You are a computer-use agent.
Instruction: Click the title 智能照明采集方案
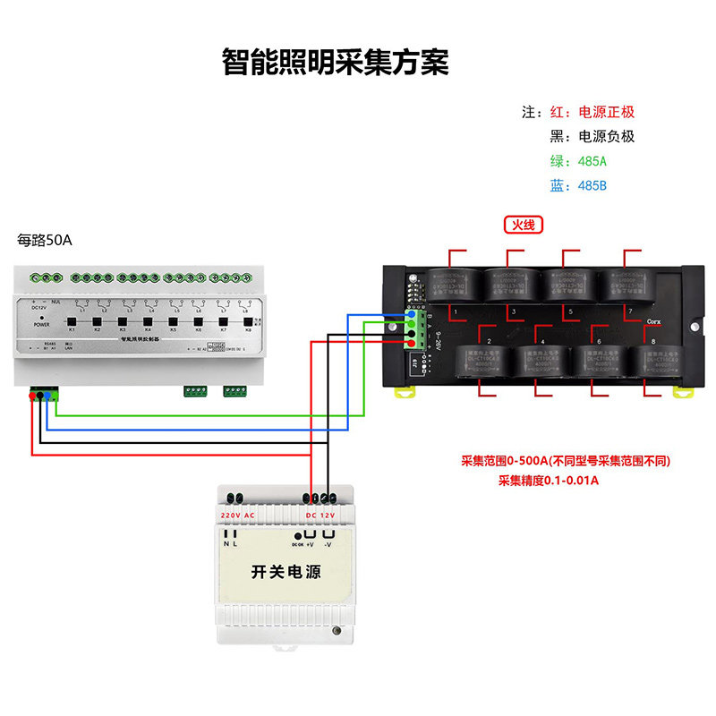335,62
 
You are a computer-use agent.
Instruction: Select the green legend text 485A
592,161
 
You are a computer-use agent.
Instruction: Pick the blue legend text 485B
592,186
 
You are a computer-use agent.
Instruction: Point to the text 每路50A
44,240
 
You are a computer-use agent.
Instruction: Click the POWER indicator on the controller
42,317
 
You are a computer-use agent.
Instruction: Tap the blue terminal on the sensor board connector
411,314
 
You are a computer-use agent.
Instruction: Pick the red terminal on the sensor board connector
411,344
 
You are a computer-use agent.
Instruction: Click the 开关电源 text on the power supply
286,571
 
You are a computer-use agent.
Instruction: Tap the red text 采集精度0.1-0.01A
548,481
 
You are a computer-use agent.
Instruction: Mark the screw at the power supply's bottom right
337,632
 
